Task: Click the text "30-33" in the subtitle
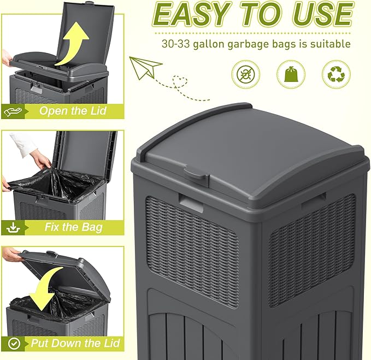coord(175,44)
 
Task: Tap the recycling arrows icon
coord(335,73)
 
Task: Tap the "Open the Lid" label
coord(72,111)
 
